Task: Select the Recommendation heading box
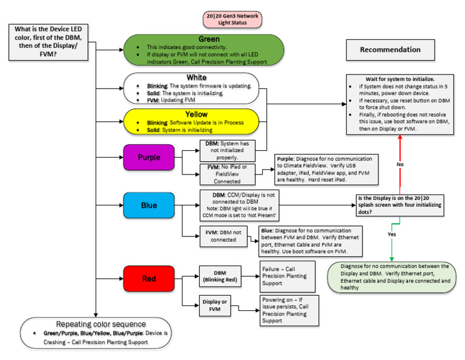[391, 49]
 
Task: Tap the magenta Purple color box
[148, 156]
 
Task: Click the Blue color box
[148, 205]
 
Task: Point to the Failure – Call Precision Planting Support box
[284, 276]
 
